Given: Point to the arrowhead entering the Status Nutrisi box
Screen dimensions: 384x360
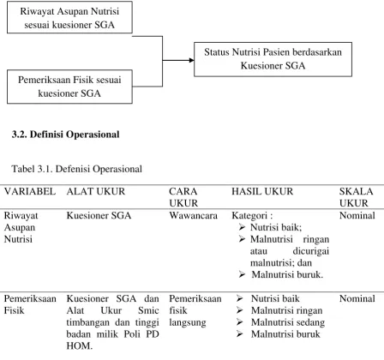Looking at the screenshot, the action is click(192, 60).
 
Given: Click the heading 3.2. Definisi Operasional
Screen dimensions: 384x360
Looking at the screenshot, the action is click(65, 135).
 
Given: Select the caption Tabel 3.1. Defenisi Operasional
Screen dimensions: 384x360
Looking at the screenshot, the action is click(76, 169).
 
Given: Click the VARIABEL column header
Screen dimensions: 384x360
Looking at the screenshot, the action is click(30, 191).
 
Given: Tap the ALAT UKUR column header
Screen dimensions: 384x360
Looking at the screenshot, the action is click(96, 191).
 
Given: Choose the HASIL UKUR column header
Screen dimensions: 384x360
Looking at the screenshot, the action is click(262, 191).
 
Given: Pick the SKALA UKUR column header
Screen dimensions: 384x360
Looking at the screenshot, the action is click(356, 197).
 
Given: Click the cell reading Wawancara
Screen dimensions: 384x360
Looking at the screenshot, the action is click(193, 215).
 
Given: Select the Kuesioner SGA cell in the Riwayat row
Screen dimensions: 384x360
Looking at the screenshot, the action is click(99, 215).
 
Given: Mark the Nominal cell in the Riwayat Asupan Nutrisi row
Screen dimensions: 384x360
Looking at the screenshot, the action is click(357, 215).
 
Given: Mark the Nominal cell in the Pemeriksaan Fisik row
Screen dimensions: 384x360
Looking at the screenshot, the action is click(357, 298).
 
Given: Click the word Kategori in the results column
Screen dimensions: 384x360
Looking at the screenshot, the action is click(249, 215).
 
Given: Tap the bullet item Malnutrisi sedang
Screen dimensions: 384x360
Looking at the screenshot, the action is click(288, 322).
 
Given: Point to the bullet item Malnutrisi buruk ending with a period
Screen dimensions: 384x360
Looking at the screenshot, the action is click(287, 274).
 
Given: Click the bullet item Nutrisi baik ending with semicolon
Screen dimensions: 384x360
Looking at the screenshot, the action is click(276, 227).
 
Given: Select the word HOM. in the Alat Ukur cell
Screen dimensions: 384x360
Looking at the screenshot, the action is click(80, 346).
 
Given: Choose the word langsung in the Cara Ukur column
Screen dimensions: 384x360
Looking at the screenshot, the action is click(188, 322).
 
